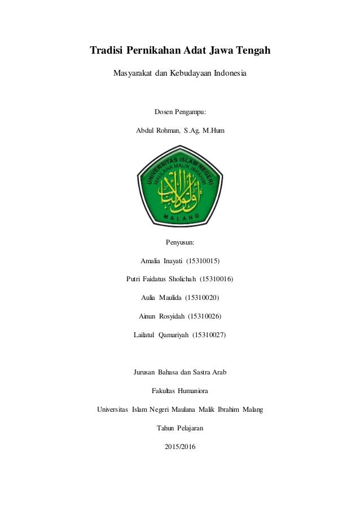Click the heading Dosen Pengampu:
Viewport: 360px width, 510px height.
(x=180, y=112)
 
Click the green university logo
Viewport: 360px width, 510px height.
(x=180, y=186)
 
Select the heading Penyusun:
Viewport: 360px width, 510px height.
(x=180, y=242)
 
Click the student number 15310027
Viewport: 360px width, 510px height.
(x=209, y=334)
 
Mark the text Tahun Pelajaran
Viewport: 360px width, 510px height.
(x=180, y=428)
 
